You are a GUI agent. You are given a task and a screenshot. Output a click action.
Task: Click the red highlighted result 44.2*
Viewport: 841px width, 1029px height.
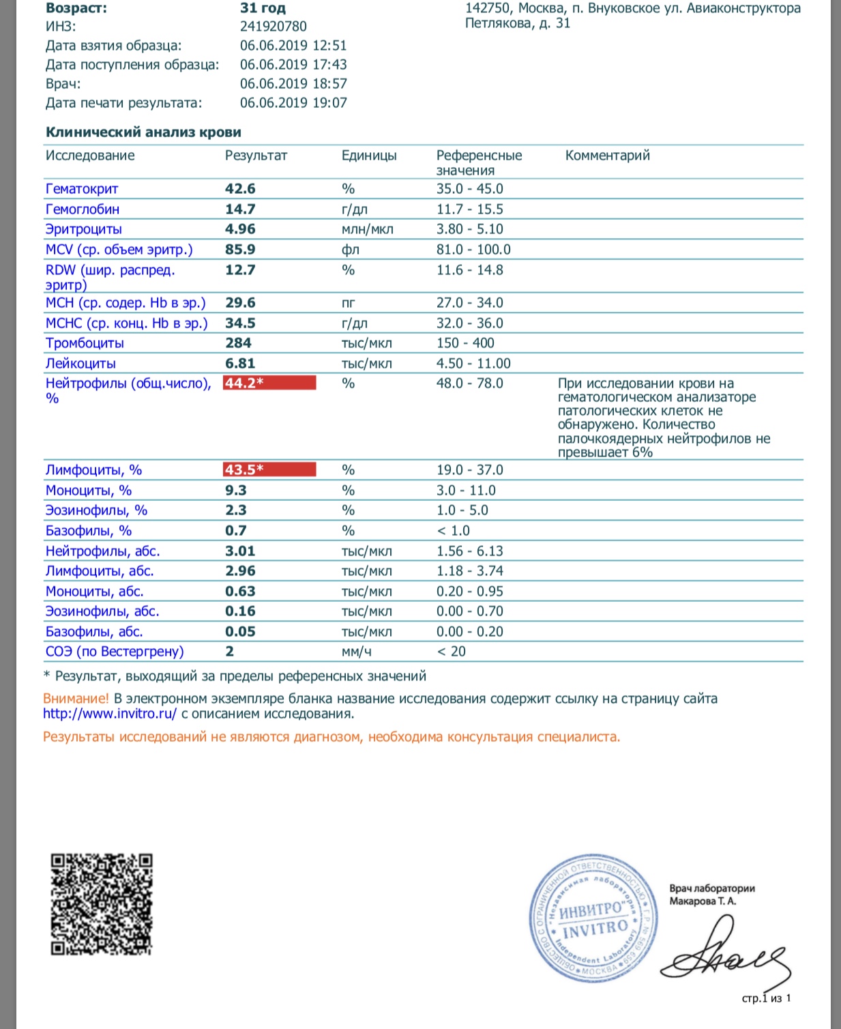coord(269,383)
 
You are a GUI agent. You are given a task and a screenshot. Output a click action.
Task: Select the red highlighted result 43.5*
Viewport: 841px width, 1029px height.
coord(269,470)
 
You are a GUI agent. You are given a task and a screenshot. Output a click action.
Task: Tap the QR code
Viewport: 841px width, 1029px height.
coord(102,904)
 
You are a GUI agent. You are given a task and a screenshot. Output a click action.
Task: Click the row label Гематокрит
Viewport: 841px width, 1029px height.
coord(82,189)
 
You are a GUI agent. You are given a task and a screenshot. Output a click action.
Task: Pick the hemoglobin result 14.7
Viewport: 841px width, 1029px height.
coord(240,209)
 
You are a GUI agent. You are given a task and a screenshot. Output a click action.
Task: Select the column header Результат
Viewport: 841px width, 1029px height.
coord(256,156)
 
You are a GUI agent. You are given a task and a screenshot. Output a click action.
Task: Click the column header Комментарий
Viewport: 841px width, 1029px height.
coord(607,156)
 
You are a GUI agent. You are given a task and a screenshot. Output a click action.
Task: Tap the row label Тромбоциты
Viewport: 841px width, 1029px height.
coord(85,343)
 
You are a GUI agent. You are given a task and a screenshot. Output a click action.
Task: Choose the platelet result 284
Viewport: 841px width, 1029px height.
coord(238,343)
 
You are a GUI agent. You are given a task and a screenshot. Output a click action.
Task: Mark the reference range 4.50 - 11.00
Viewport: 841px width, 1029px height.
coord(473,364)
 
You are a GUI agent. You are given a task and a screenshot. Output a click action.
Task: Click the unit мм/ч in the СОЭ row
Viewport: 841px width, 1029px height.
coord(356,652)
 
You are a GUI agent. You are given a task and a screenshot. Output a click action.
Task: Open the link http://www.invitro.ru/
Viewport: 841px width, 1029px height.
coord(110,714)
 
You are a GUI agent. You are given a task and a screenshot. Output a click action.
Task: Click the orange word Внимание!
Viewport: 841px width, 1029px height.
coord(76,699)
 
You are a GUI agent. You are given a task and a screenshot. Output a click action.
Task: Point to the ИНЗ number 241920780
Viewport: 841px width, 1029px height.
coord(274,27)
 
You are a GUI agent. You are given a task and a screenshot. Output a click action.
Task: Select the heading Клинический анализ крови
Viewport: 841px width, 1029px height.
coord(143,132)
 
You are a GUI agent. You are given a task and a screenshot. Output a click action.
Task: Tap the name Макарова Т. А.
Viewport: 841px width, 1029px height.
coord(703,901)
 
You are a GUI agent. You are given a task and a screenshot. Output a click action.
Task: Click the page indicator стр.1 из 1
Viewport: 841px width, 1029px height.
coord(766,999)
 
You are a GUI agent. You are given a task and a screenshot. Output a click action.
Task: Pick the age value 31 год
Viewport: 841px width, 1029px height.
coord(263,9)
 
